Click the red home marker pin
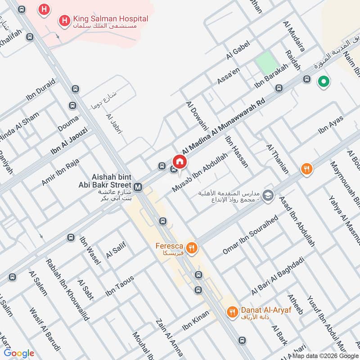[179, 161]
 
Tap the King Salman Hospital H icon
[65, 20]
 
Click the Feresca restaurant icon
[192, 247]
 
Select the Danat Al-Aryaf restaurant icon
[232, 311]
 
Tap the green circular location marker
[323, 81]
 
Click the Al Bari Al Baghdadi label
[278, 276]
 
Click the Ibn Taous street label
[120, 286]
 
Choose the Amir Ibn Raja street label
[60, 171]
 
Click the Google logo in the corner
[19, 353]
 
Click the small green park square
[265, 62]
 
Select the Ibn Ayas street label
[331, 125]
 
